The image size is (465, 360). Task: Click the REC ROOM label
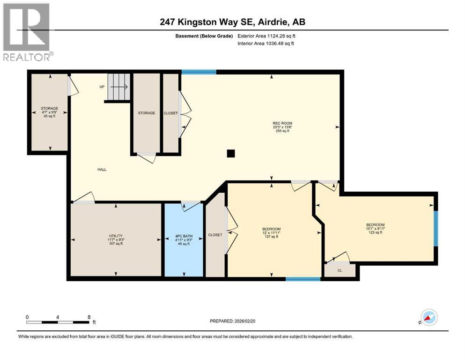(x=281, y=123)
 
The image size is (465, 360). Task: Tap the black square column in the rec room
(x=230, y=153)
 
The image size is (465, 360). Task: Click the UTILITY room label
(x=116, y=236)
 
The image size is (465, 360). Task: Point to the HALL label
(x=102, y=170)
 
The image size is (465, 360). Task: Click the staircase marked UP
(x=118, y=87)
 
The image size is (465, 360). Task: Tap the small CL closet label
(x=340, y=270)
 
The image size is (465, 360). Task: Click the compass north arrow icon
(x=428, y=317)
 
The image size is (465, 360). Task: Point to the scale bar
(x=58, y=322)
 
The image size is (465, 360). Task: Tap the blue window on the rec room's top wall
(x=199, y=72)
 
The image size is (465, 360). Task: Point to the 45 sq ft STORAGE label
(x=49, y=112)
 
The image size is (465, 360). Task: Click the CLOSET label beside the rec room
(x=170, y=113)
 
